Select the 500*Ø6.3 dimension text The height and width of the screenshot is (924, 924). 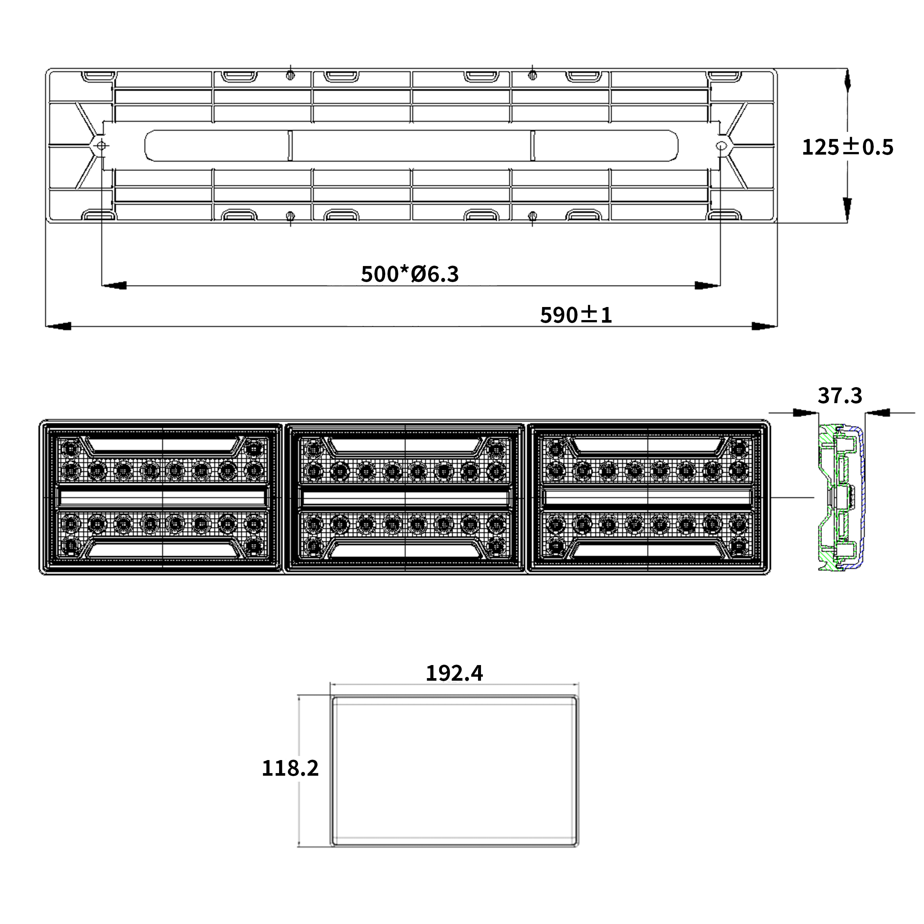click(x=410, y=274)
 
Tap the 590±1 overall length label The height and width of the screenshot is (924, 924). click(x=576, y=315)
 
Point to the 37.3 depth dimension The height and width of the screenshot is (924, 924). click(x=840, y=396)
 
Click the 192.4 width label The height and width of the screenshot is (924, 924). click(x=454, y=673)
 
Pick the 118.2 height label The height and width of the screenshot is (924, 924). click(x=290, y=768)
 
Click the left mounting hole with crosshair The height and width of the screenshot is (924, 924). click(x=101, y=145)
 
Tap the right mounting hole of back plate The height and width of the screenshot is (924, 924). click(x=721, y=145)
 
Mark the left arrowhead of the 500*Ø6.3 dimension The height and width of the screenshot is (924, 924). click(x=114, y=285)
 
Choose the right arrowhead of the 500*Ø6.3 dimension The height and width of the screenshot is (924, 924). click(x=708, y=285)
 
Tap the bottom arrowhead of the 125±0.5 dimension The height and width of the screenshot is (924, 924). click(x=848, y=210)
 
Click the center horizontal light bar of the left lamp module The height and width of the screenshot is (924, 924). click(x=162, y=498)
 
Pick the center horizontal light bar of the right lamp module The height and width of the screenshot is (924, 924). click(x=648, y=498)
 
